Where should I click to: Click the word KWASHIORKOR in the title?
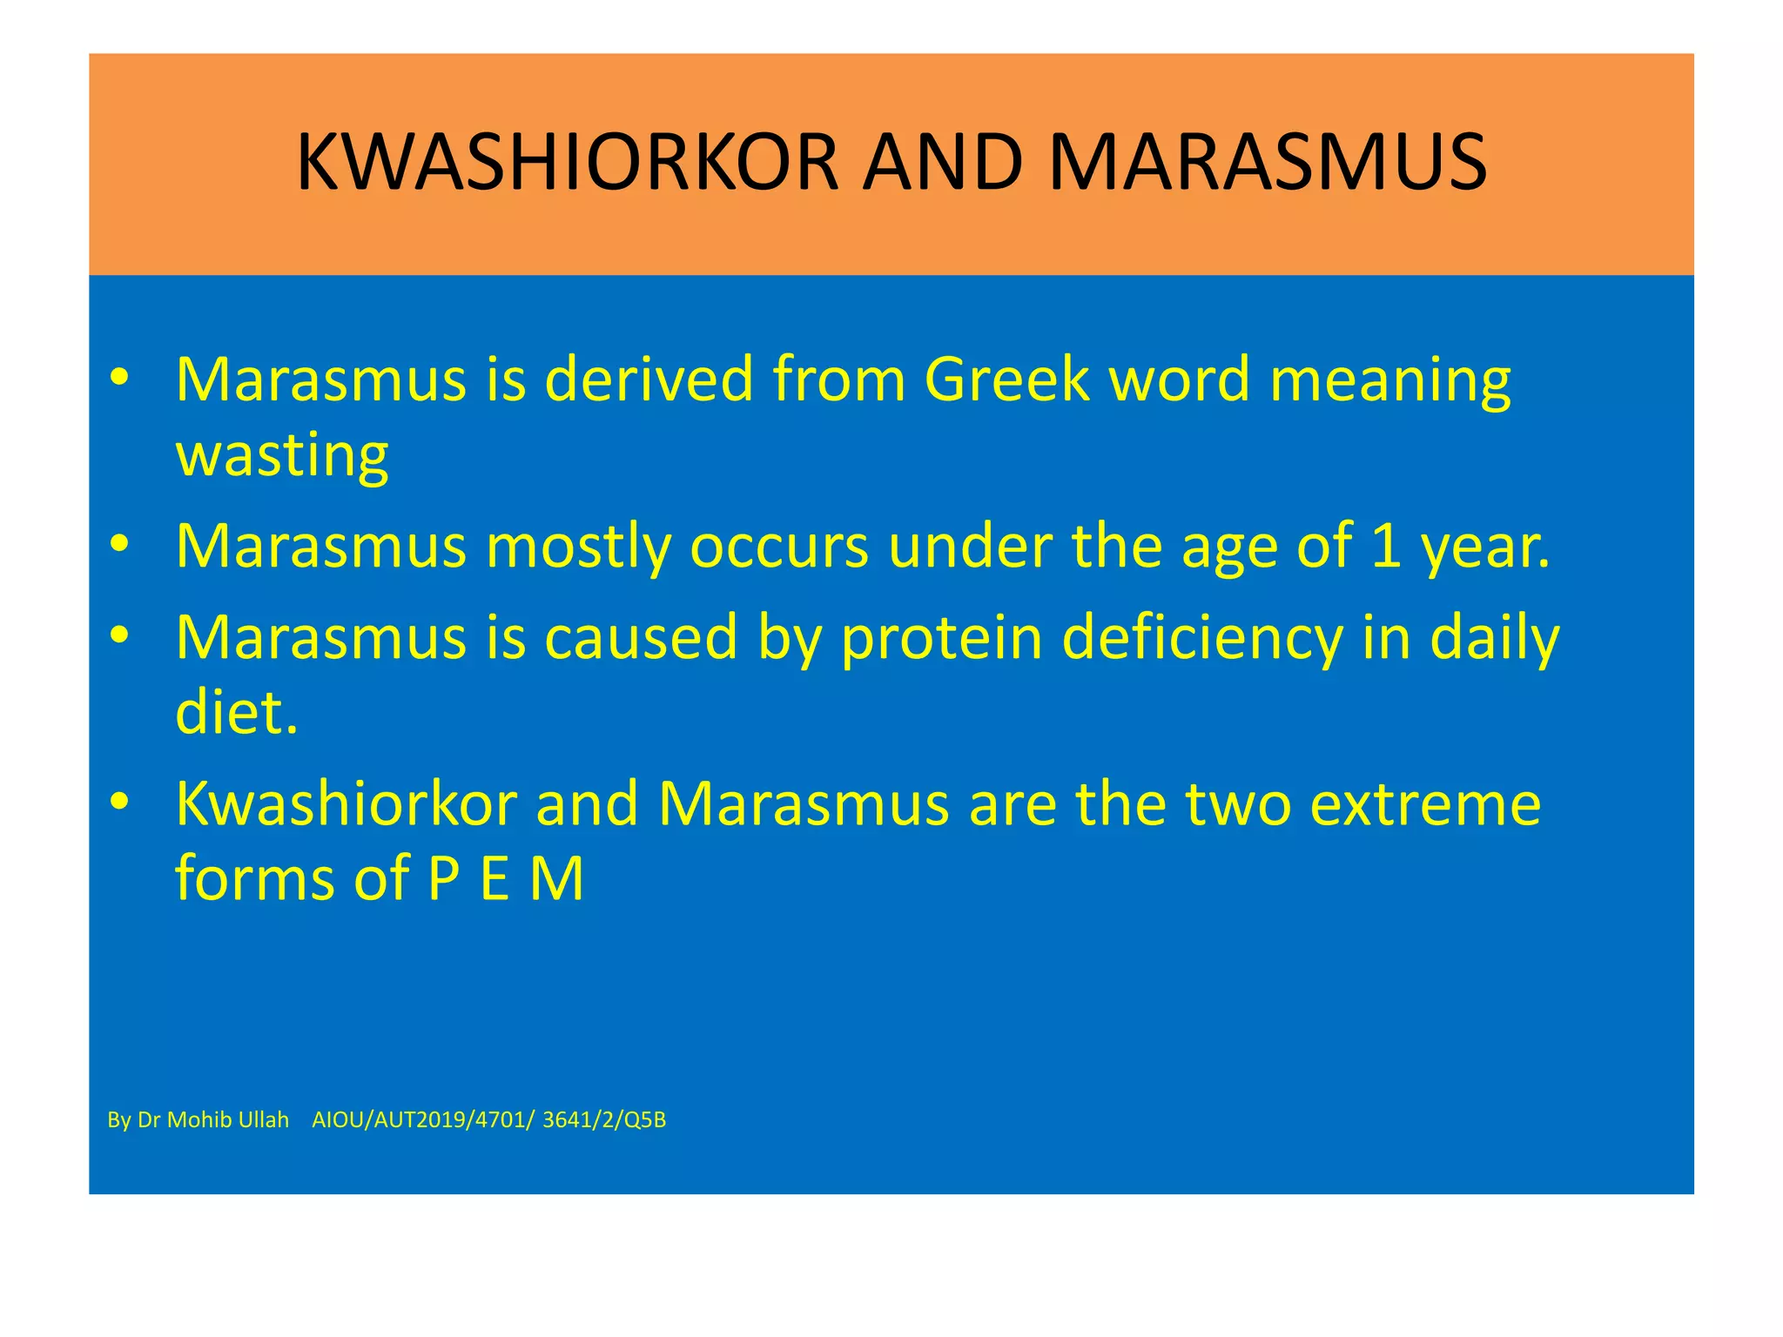pyautogui.click(x=567, y=163)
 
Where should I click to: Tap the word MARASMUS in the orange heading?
pyautogui.click(x=1267, y=163)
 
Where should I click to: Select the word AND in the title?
pyautogui.click(x=942, y=163)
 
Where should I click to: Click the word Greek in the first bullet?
pyautogui.click(x=1006, y=380)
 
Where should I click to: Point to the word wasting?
pyautogui.click(x=282, y=455)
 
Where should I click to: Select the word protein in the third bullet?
pyautogui.click(x=941, y=638)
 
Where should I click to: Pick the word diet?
pyautogui.click(x=236, y=712)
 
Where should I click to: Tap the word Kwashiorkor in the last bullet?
pyautogui.click(x=347, y=803)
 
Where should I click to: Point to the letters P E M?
pyautogui.click(x=505, y=878)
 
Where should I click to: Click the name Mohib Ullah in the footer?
pyautogui.click(x=227, y=1120)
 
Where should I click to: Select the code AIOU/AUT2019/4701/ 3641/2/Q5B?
pyautogui.click(x=488, y=1120)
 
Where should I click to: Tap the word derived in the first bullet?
pyautogui.click(x=649, y=380)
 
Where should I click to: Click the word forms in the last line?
pyautogui.click(x=255, y=878)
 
